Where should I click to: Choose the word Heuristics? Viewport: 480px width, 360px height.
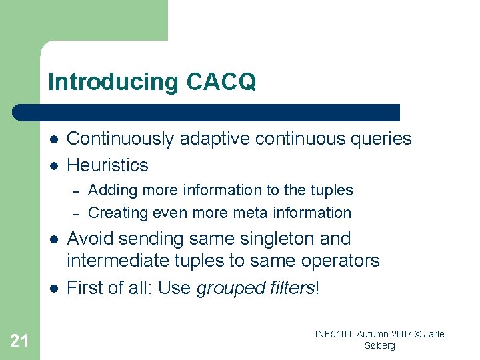point(107,165)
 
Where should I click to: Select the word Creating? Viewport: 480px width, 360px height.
point(115,213)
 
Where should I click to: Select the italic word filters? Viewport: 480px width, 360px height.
point(289,288)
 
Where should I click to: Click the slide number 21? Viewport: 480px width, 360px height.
point(19,341)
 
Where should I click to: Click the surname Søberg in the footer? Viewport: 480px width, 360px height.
point(380,345)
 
